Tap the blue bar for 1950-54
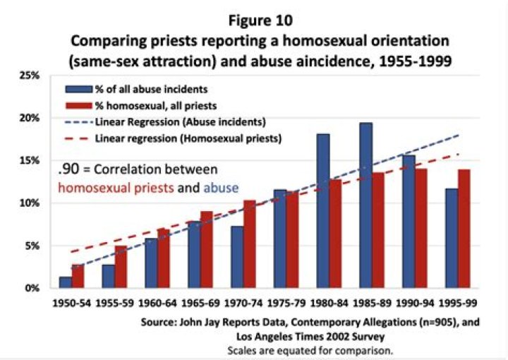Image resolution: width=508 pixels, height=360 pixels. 66,282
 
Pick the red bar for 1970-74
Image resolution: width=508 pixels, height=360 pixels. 250,244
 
